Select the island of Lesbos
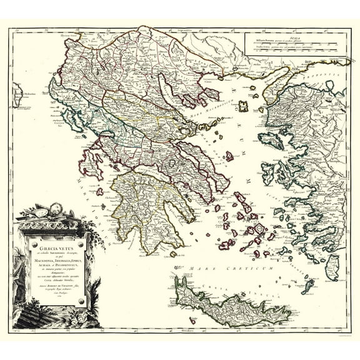[270, 141]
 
